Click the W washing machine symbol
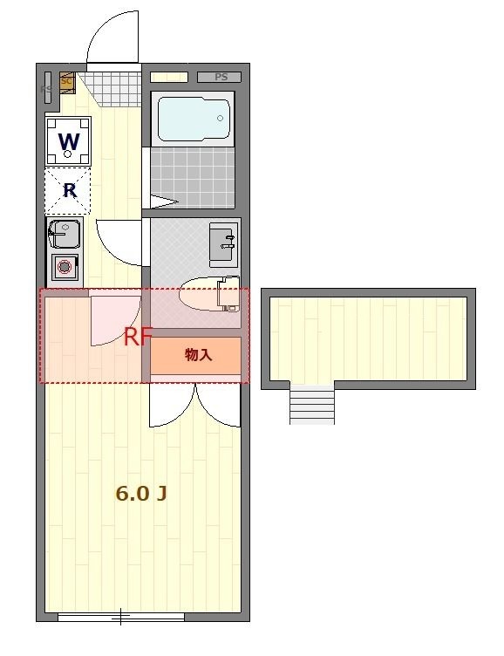(x=69, y=140)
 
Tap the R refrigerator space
(x=69, y=191)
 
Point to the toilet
(x=210, y=294)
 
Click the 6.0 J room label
(x=141, y=494)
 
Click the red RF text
(x=138, y=337)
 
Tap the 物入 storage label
(x=198, y=355)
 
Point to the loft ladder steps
(x=312, y=405)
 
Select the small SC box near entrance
(x=67, y=81)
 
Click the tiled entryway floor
(x=109, y=85)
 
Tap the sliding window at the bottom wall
(x=121, y=618)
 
